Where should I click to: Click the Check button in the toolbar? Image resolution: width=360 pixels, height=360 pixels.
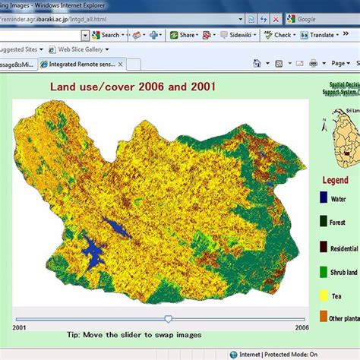pos(281,35)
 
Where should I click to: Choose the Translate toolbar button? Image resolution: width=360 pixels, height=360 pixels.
pos(323,35)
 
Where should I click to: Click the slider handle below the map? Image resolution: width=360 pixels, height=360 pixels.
pos(168,319)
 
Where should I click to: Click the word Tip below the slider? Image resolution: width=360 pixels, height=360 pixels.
pos(74,335)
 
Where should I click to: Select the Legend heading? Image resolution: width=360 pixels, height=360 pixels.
pos(335,181)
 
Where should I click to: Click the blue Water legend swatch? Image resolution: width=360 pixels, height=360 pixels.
pos(324,200)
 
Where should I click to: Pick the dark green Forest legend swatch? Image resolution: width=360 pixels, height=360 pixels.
pos(324,223)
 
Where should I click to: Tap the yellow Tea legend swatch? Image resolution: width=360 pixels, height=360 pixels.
pos(324,294)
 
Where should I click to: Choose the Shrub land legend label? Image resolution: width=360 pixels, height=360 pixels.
pos(344,271)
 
